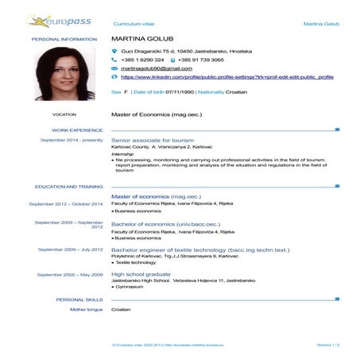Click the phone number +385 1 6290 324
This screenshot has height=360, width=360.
(x=142, y=60)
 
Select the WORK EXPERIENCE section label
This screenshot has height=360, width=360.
(x=77, y=130)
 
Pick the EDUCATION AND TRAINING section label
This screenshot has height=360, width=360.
(x=68, y=187)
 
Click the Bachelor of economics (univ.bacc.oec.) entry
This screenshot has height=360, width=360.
(x=165, y=224)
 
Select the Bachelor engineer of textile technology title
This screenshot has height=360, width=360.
(x=199, y=249)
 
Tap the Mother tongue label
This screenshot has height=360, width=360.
(x=87, y=308)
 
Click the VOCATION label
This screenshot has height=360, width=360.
(x=64, y=114)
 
